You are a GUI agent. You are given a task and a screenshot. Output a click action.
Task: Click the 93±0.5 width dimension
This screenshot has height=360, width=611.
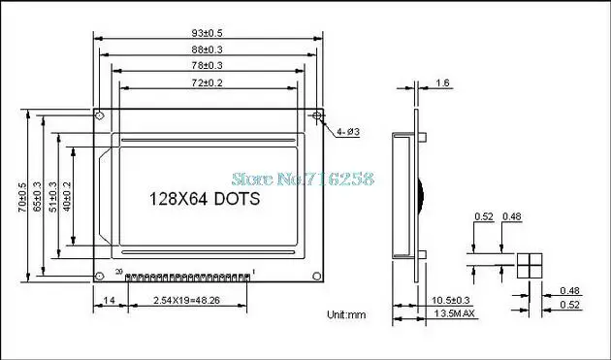(209, 34)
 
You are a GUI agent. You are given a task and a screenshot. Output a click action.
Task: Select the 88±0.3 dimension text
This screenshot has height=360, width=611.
(209, 50)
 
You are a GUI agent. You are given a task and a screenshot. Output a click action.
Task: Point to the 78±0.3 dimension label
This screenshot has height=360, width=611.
(209, 65)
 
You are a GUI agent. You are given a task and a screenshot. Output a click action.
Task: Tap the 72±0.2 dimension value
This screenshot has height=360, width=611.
(209, 83)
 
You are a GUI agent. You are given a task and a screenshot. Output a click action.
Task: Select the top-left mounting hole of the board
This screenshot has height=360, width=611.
(100, 115)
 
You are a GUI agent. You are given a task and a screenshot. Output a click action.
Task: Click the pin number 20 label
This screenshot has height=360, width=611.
(119, 272)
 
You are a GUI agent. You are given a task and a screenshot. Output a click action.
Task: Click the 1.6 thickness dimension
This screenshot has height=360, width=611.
(442, 83)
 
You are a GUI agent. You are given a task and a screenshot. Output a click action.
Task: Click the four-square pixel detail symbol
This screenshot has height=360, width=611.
(528, 266)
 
